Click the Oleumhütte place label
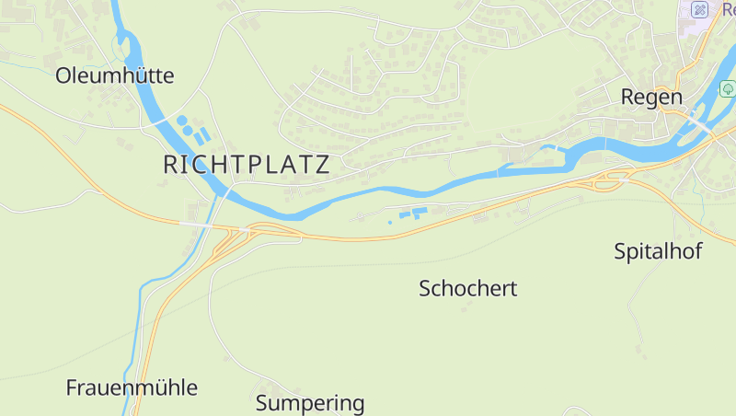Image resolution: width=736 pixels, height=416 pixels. [114, 75]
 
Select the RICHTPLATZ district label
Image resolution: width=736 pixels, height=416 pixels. [246, 166]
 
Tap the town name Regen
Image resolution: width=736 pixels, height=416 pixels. [651, 97]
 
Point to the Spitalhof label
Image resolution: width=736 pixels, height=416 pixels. [659, 250]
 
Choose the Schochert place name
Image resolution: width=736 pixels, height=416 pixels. [467, 288]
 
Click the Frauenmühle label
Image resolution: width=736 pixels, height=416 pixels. [132, 387]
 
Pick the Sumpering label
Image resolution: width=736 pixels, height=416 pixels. [310, 403]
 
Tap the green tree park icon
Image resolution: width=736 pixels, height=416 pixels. [728, 89]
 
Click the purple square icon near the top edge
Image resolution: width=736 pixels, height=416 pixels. [700, 10]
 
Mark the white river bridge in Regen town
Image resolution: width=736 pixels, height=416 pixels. [698, 122]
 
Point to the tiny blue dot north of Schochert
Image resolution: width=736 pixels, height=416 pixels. [390, 222]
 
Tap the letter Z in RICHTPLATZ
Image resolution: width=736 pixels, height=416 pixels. [322, 166]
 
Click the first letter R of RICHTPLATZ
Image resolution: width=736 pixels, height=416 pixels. [170, 166]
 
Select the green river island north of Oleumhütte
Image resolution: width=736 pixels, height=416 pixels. [120, 44]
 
